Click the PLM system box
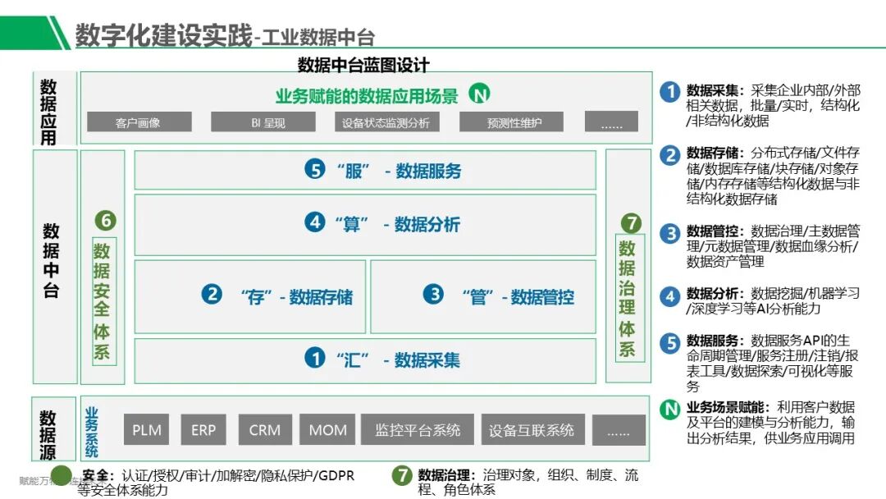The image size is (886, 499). [x=147, y=430]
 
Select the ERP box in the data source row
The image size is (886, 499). [x=203, y=430]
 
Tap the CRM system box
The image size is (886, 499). [x=265, y=430]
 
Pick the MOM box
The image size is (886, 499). [x=327, y=430]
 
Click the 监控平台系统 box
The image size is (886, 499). [x=418, y=430]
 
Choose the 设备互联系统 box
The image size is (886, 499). [x=532, y=430]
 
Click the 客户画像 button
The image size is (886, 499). [x=138, y=123]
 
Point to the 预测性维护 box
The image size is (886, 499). [x=514, y=123]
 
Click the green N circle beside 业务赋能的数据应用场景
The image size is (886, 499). [x=479, y=94]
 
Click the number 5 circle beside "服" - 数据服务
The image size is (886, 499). [x=315, y=170]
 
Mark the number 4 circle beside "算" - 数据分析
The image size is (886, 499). [x=314, y=223]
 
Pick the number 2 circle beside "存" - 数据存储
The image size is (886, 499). [x=212, y=294]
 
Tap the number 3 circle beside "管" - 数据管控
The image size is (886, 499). [x=432, y=294]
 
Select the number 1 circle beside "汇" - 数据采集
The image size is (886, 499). [x=314, y=358]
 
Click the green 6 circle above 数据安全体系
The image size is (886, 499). [x=106, y=220]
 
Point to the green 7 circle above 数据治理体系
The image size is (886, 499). [x=630, y=222]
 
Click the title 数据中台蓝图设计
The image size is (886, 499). [x=363, y=65]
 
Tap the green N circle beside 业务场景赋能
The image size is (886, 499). [x=670, y=408]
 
